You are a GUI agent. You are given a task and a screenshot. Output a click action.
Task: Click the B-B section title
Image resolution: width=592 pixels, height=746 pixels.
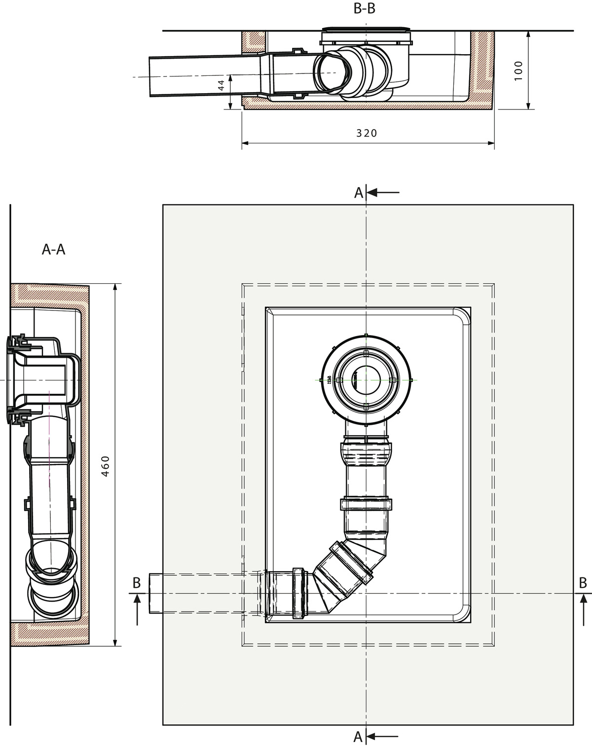(364, 8)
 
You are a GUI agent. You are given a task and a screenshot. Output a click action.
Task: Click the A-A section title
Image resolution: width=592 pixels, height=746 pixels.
(53, 249)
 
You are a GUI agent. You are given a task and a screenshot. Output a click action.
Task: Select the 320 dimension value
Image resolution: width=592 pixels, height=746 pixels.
(367, 133)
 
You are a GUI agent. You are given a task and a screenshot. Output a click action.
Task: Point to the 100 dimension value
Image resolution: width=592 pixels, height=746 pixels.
(518, 71)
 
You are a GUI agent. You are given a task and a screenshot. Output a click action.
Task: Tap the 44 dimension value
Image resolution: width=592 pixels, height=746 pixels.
(221, 85)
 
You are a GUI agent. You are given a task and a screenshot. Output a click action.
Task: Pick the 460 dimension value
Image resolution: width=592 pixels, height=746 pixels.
(106, 466)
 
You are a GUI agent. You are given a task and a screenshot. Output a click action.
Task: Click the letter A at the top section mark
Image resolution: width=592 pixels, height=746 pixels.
(359, 193)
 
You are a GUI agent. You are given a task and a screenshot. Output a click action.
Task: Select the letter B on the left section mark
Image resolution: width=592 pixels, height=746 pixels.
(137, 583)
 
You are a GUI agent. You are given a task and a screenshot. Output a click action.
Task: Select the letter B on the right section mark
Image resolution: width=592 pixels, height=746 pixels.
(583, 583)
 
